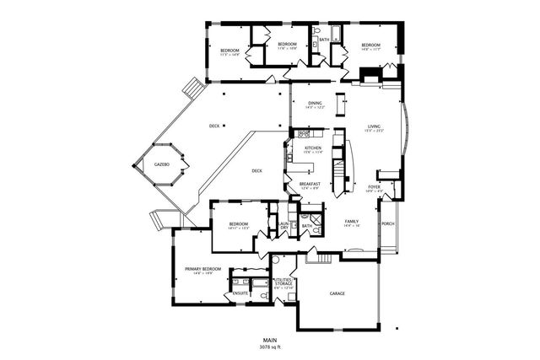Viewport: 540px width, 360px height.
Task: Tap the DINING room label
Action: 314,103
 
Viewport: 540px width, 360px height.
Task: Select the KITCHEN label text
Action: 313,148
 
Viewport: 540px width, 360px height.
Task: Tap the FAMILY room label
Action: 352,222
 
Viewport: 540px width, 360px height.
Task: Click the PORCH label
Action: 388,223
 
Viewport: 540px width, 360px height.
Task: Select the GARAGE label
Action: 337,293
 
